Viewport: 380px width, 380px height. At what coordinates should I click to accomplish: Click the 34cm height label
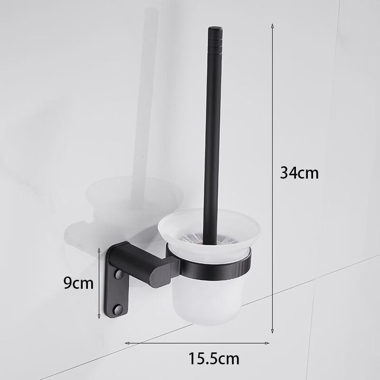(299, 172)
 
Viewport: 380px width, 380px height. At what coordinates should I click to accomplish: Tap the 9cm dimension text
(78, 283)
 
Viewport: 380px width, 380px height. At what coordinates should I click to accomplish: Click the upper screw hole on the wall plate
(119, 275)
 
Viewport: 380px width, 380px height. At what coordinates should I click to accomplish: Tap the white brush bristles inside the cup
(190, 237)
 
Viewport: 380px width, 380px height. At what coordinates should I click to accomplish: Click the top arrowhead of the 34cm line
(273, 25)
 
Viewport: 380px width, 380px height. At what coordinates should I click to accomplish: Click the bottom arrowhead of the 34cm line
(273, 331)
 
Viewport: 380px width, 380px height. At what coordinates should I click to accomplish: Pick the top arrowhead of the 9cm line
(99, 249)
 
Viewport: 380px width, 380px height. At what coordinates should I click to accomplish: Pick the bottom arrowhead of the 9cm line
(99, 317)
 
